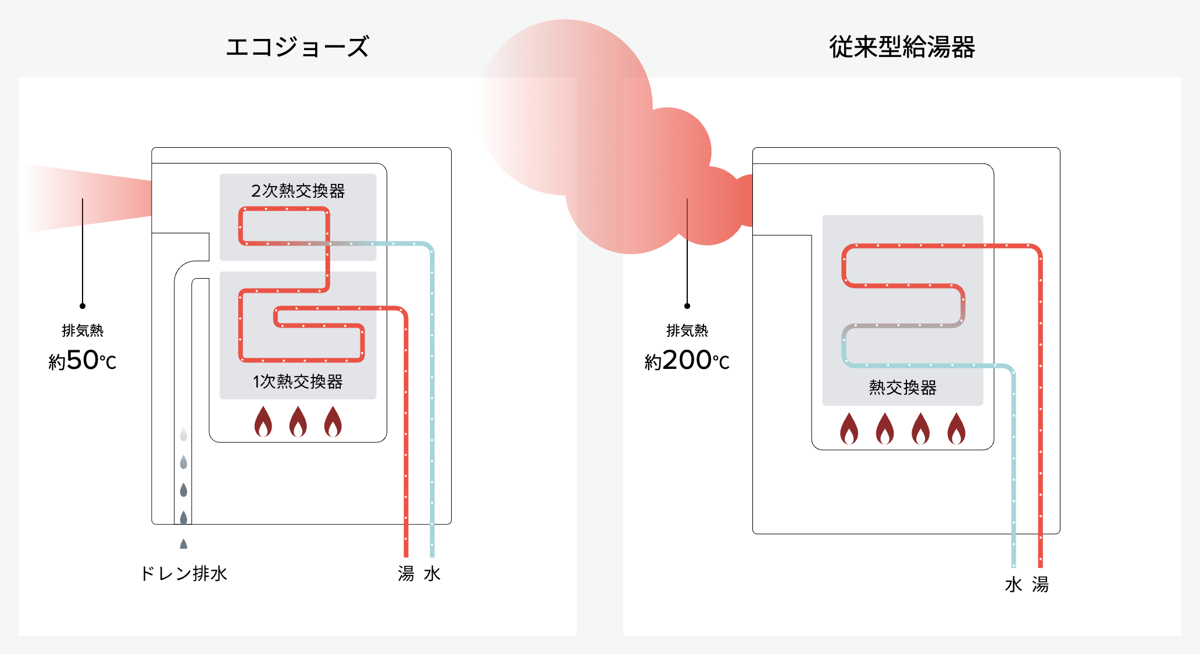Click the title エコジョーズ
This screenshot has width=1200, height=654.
tap(297, 47)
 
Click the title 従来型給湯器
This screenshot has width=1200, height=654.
tap(902, 47)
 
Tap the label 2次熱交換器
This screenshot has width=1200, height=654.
tap(298, 191)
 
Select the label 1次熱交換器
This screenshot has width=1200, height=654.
tap(298, 382)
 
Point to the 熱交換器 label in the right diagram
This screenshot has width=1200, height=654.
tap(902, 388)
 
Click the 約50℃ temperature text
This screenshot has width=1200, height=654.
tap(83, 361)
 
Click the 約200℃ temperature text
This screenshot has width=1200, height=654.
tap(687, 361)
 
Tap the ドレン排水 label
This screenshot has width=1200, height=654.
tap(184, 574)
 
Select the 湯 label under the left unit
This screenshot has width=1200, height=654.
tap(406, 574)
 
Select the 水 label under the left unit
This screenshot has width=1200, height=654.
tap(432, 574)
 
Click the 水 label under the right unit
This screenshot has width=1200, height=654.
tap(1013, 584)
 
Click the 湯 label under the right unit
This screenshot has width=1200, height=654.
tap(1040, 584)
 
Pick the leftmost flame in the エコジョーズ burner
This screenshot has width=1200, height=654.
tap(263, 422)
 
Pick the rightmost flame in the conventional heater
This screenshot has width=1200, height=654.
tap(956, 429)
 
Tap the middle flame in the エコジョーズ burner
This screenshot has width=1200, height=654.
tap(298, 422)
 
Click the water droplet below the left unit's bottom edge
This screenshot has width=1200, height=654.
tap(184, 544)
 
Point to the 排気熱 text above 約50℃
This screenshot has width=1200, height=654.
tap(83, 330)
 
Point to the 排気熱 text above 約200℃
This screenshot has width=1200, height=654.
tap(687, 330)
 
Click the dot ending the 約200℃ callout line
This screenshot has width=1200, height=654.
tap(687, 306)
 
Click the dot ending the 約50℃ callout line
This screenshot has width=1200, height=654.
tap(83, 306)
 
